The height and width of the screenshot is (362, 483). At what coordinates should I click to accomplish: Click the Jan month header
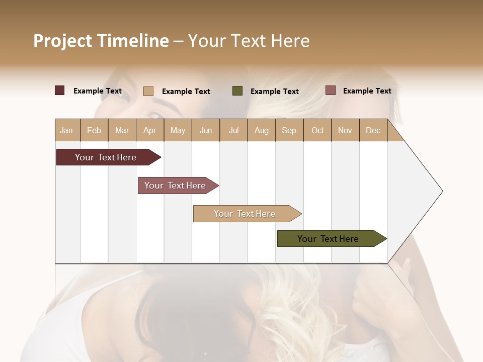(x=67, y=130)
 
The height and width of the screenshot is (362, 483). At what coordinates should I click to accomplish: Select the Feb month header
(x=94, y=130)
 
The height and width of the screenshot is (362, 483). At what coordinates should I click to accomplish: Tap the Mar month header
(x=122, y=130)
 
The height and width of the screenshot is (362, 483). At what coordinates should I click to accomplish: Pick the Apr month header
(x=150, y=130)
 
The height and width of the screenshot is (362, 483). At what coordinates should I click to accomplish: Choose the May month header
(x=178, y=130)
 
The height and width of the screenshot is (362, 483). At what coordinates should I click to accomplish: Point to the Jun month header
(x=206, y=130)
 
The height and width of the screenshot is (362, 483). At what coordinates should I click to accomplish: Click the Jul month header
(x=233, y=130)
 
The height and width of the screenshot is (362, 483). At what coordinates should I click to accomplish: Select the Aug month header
(x=261, y=130)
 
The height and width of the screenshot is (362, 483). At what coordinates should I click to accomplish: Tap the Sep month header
(x=289, y=130)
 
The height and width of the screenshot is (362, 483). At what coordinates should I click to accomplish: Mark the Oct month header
(x=317, y=130)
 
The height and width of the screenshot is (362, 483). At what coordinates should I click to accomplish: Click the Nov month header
(x=345, y=130)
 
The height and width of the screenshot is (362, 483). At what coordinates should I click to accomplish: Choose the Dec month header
(x=373, y=130)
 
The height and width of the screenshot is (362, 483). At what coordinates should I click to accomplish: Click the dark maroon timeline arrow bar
(x=106, y=157)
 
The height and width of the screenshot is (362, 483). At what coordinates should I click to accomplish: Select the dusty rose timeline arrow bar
(x=176, y=186)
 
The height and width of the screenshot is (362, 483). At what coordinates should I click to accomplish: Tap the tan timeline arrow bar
(x=245, y=214)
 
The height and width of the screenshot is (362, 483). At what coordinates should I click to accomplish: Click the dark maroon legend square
(x=59, y=90)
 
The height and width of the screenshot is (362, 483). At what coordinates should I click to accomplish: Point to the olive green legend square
(x=237, y=90)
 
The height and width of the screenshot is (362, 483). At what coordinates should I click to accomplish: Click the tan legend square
(x=148, y=91)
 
